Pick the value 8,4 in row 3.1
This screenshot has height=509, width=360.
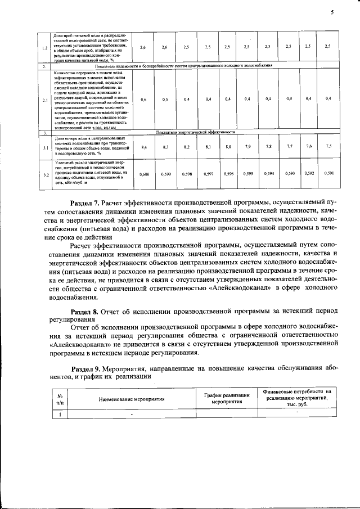click(144, 147)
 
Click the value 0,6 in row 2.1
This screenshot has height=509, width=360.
click(144, 100)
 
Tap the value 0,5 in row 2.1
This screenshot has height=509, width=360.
click(165, 100)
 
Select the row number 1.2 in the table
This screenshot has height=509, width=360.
click(44, 48)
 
